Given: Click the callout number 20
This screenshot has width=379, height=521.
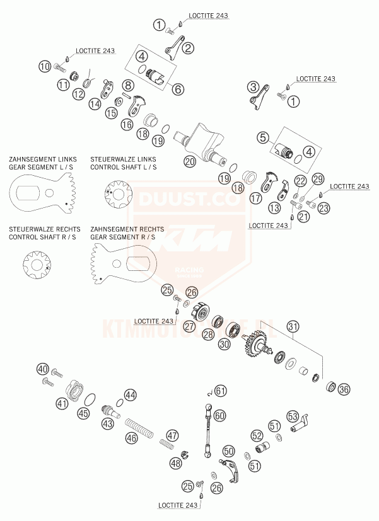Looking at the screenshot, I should pyautogui.click(x=189, y=161).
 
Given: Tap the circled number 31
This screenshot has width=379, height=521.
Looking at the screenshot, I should pyautogui.click(x=292, y=326).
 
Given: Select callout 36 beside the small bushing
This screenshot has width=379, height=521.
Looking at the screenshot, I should pyautogui.click(x=344, y=389).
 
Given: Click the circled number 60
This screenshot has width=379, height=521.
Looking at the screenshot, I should pyautogui.click(x=219, y=416).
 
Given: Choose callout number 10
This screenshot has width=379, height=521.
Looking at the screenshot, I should pyautogui.click(x=44, y=66).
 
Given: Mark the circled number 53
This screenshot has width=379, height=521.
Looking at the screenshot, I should pyautogui.click(x=293, y=416).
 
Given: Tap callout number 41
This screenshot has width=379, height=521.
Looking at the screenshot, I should pyautogui.click(x=62, y=403).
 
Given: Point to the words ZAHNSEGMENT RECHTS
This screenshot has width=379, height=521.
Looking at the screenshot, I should pyautogui.click(x=127, y=229).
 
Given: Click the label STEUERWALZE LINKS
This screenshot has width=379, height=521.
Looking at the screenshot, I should pyautogui.click(x=123, y=160).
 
